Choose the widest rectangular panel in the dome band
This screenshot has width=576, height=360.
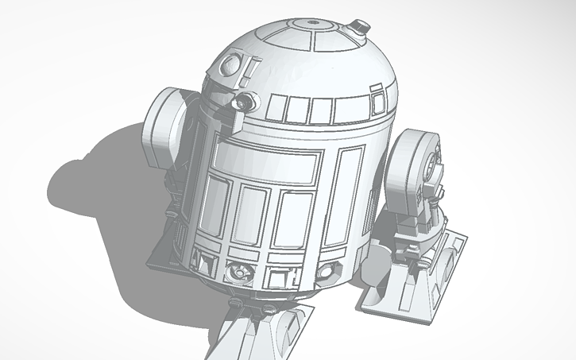tap(346, 107)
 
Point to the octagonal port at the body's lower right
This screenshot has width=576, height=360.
tap(325, 272)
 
